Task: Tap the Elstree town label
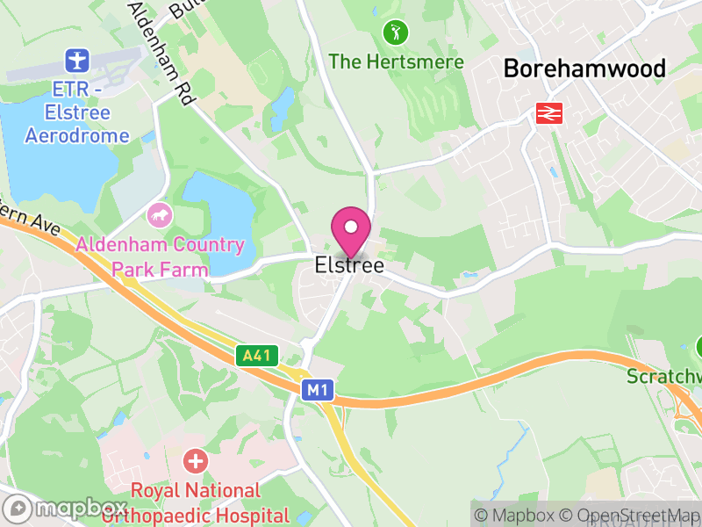click(x=349, y=265)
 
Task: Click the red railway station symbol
click(x=549, y=112)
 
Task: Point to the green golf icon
click(x=396, y=33)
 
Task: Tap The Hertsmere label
click(x=396, y=61)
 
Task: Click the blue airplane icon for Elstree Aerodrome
click(x=77, y=61)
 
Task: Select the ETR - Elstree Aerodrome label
click(x=77, y=112)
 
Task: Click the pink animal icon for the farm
click(x=160, y=213)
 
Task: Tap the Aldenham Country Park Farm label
click(x=160, y=256)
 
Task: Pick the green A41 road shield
click(x=257, y=356)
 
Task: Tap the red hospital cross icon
click(x=195, y=459)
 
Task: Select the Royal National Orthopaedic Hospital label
click(x=195, y=503)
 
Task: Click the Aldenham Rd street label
click(x=161, y=53)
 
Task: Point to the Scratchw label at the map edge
click(x=664, y=377)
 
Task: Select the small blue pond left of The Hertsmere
click(x=283, y=108)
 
